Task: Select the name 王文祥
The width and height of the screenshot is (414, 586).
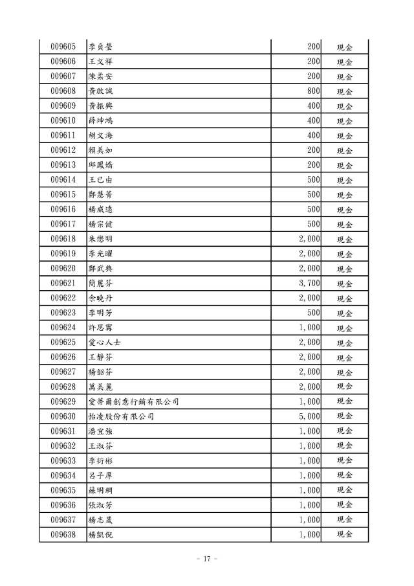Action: [101, 62]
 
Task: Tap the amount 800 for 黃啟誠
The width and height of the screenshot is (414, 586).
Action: [314, 91]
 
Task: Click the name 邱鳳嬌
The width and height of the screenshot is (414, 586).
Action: [101, 165]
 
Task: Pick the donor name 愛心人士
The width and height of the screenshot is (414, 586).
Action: [105, 343]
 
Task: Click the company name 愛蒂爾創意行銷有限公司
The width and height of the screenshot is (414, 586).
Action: [133, 402]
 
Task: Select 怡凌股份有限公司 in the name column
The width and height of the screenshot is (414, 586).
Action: [121, 416]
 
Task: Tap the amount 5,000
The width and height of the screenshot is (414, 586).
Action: [310, 416]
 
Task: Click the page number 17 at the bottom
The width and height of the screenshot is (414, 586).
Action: [207, 559]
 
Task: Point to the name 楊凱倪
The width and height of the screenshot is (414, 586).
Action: [101, 535]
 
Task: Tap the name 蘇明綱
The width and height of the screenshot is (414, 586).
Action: [101, 490]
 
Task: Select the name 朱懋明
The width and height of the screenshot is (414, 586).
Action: [101, 239]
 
